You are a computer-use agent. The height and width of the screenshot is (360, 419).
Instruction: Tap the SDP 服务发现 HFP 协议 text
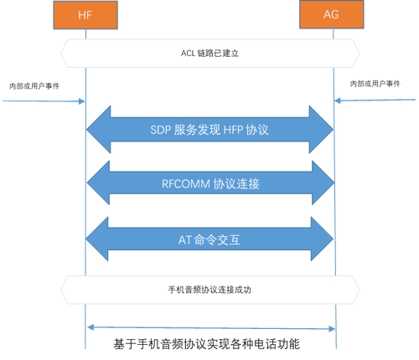(x=209, y=131)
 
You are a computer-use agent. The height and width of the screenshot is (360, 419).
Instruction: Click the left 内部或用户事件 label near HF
(x=34, y=86)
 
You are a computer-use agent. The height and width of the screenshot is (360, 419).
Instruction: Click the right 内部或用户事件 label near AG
(x=380, y=84)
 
